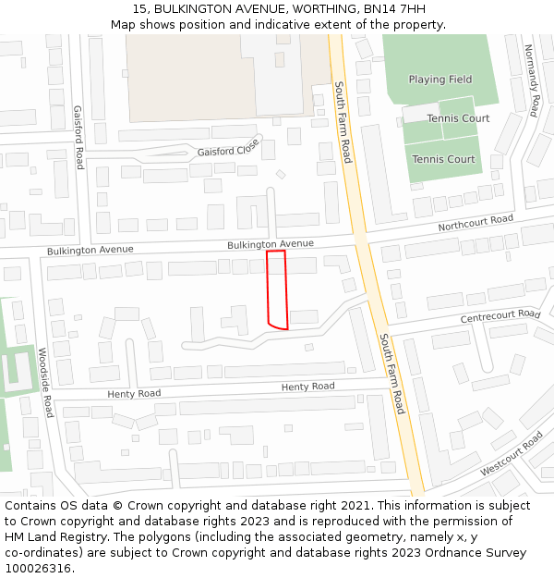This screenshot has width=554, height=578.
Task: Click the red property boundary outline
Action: [x=277, y=289]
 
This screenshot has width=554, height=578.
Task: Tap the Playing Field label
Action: [x=440, y=80]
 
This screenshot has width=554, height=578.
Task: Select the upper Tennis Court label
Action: [x=458, y=118]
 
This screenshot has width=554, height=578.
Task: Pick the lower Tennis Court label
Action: [x=443, y=159]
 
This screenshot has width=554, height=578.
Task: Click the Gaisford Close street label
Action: [x=228, y=151]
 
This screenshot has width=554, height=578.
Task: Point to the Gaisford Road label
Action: [x=79, y=137]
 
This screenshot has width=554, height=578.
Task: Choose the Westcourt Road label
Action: [x=512, y=453]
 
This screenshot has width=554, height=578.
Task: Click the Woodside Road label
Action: [x=45, y=382]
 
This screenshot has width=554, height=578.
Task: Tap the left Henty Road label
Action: [x=134, y=393]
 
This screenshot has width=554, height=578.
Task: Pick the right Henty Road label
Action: [x=307, y=387]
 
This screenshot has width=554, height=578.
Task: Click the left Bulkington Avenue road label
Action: [x=90, y=250]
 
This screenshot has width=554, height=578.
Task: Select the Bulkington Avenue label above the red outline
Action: [x=271, y=243]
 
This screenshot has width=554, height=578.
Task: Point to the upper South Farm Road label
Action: [x=343, y=122]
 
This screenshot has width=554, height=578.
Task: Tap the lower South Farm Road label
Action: [x=392, y=374]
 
